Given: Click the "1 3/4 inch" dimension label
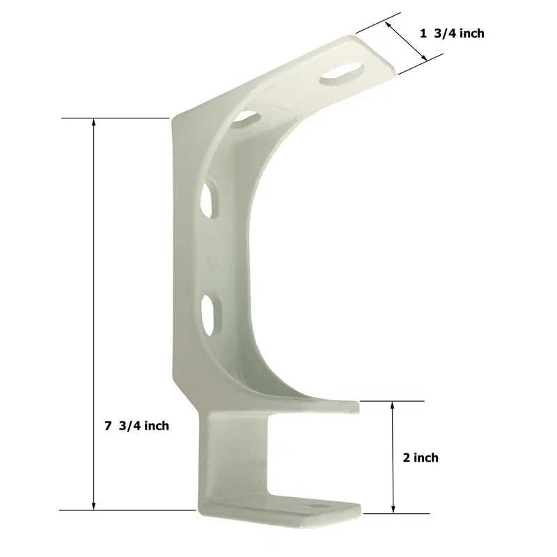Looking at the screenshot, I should point(452,33).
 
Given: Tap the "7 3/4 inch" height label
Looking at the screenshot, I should point(137,426).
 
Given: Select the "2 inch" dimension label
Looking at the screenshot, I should point(421,457).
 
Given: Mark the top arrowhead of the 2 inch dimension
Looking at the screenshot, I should point(393,405).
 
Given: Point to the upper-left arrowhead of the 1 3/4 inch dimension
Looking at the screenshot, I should point(386,24).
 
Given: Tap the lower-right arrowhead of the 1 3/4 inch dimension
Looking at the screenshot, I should point(423,59).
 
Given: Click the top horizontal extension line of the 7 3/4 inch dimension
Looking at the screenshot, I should point(115,118).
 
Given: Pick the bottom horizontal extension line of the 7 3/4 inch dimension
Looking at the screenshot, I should point(125,510).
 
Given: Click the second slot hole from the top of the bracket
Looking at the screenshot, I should point(243,118).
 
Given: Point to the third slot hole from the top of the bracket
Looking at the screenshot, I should point(208,198).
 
